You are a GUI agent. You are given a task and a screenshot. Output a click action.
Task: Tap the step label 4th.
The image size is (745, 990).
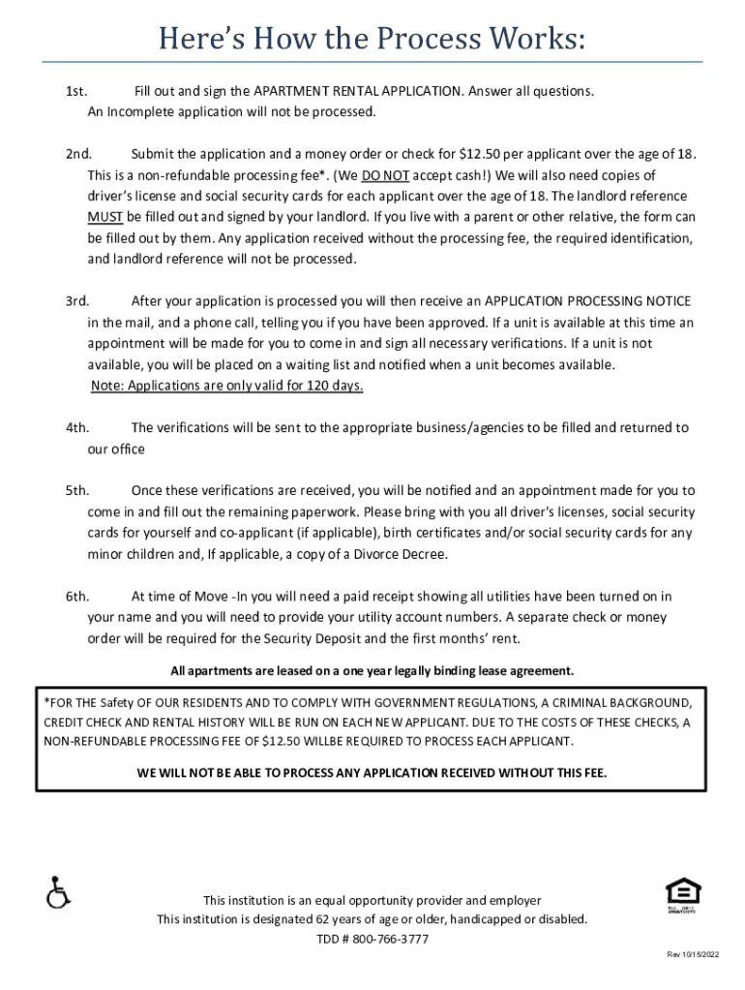click(x=77, y=427)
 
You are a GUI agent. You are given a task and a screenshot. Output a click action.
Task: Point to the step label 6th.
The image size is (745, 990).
click(x=77, y=596)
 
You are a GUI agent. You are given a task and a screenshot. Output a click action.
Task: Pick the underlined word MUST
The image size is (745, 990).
click(x=105, y=218)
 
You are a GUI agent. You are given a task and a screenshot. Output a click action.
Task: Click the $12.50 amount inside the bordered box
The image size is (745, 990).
click(x=276, y=742)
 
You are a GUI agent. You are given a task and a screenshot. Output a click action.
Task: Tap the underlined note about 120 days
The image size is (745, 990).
click(x=227, y=386)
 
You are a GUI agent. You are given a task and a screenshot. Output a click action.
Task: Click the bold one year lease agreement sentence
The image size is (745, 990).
click(x=372, y=671)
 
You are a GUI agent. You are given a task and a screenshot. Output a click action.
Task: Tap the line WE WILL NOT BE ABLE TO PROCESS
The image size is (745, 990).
click(x=372, y=773)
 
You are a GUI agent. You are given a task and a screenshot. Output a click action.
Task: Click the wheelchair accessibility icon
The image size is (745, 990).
click(x=58, y=892)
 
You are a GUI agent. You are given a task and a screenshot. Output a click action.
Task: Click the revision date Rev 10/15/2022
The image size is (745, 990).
click(x=694, y=955)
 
